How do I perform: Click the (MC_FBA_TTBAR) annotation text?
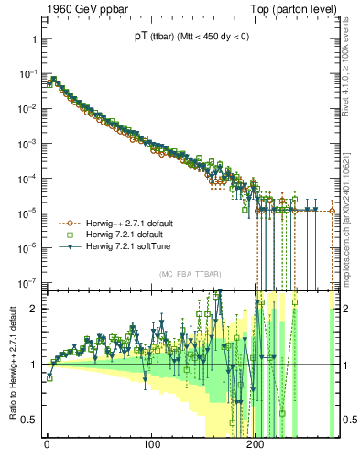click(x=189, y=274)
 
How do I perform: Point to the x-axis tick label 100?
click(x=150, y=452)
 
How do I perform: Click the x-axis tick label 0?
click(x=47, y=452)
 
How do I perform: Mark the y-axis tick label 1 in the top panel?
click(x=33, y=40)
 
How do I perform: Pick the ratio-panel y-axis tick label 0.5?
click(x=29, y=420)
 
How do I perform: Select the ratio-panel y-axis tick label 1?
click(x=33, y=365)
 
